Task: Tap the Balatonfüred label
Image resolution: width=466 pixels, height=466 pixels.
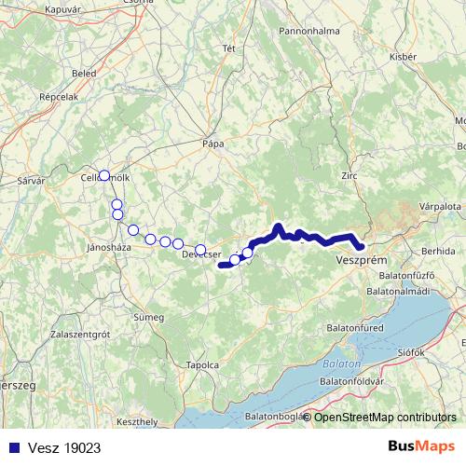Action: (359, 328)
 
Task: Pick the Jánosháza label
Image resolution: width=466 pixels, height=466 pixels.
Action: (106, 248)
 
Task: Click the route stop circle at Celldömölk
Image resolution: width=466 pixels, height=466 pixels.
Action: (104, 175)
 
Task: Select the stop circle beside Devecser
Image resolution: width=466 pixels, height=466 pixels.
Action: (200, 249)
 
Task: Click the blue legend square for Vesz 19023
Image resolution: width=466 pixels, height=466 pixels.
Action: (10, 447)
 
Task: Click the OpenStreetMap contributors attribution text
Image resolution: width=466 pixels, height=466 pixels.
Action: (386, 417)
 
